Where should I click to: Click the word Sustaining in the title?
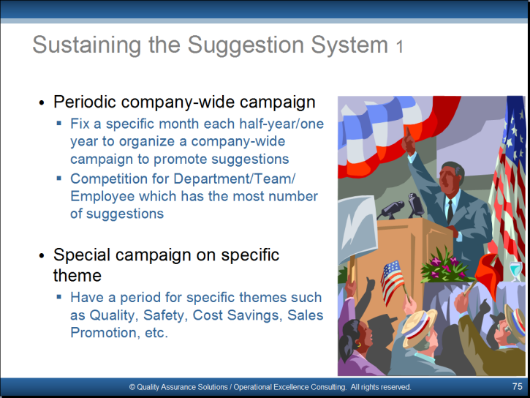pos(86,45)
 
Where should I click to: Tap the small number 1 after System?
pos(400,47)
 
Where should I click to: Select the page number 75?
pos(517,386)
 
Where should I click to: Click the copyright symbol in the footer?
pos(132,387)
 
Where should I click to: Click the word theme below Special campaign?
pos(77,275)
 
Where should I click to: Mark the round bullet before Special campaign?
pos(42,255)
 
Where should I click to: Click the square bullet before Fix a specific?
pos(59,123)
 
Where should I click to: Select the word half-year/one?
pos(281,124)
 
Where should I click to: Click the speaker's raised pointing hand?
pos(409,141)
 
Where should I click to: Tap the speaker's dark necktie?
pos(450,210)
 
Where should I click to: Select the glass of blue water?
pos(516,271)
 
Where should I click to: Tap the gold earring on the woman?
pos(359,345)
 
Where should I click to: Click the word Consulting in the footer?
pos(328,387)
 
